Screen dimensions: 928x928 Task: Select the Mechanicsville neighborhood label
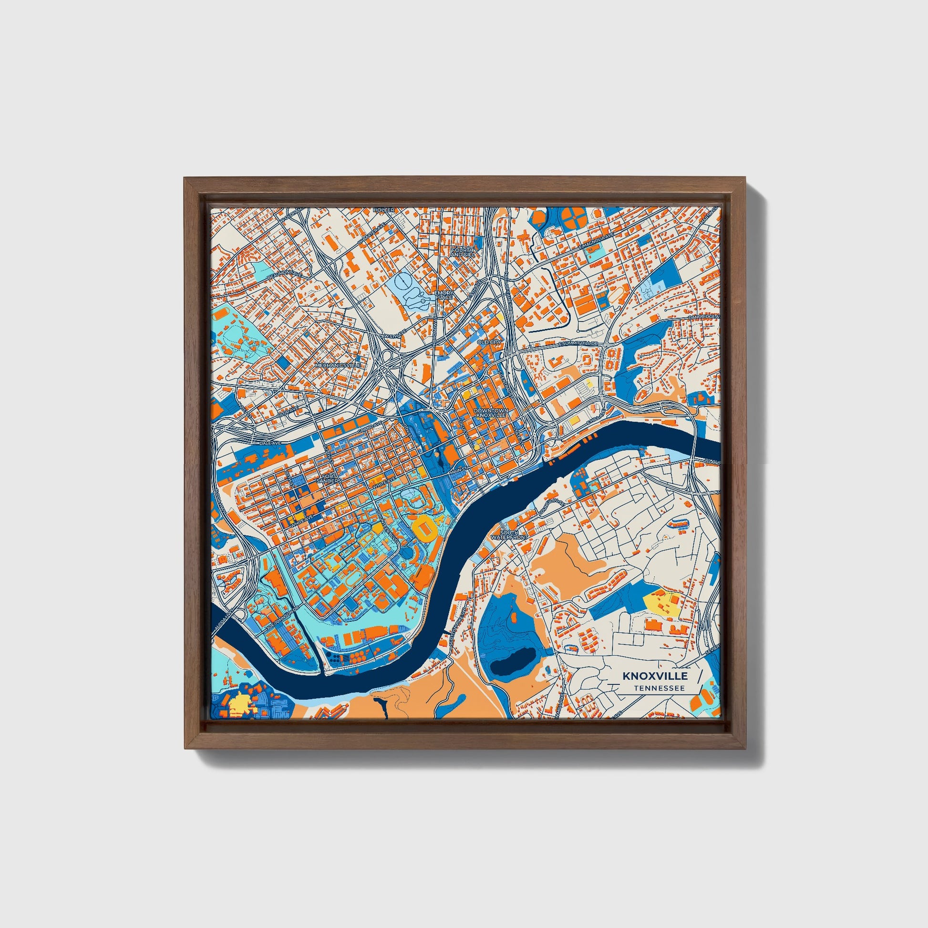tap(337, 365)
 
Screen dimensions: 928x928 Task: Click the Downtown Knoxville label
tap(490, 412)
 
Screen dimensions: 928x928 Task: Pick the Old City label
tap(489, 341)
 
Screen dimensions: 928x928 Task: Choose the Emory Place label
tap(443, 294)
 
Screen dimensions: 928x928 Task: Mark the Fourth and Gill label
tap(463, 252)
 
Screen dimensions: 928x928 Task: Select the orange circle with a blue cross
tap(574, 218)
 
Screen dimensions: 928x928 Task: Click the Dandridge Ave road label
tap(704, 317)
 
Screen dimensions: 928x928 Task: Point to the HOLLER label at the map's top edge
tap(384, 210)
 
